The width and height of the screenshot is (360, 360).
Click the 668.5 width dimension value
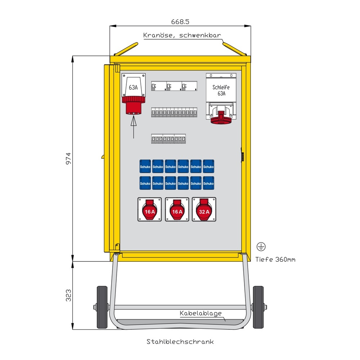pos(180,22)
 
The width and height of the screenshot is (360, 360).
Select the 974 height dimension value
pos(68,158)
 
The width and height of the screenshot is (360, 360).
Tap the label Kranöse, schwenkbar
pos(182,35)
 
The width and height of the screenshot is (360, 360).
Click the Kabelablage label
pos(201,314)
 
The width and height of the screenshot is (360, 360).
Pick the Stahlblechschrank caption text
pos(180,341)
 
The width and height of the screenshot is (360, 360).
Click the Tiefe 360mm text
pos(275,259)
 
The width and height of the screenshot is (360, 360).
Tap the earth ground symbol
pos(261,247)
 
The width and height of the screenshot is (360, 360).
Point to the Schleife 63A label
pos(221,90)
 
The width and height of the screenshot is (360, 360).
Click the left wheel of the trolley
pos(102,307)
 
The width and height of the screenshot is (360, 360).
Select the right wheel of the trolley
pos(258,307)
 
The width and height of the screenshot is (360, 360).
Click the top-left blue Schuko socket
pos(145,167)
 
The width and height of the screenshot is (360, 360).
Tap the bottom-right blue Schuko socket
pos(208,183)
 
